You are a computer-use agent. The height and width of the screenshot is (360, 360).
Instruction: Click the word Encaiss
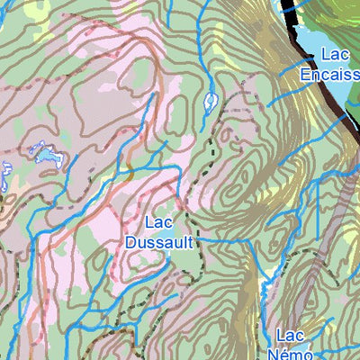click(330, 74)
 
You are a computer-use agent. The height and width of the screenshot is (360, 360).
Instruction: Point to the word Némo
click(297, 351)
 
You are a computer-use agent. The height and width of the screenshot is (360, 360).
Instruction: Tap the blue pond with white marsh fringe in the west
click(46, 158)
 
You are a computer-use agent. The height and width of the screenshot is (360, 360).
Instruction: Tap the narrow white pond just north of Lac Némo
click(265, 288)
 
